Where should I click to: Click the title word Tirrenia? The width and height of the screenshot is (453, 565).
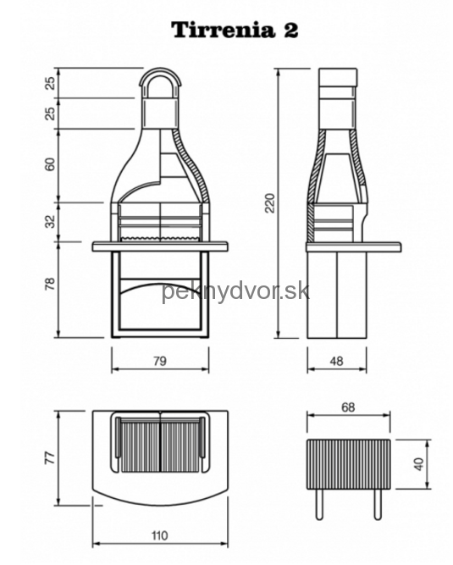coord(222,30)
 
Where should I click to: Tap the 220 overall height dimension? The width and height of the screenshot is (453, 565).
coord(270,202)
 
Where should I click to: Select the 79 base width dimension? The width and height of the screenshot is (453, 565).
coord(160,361)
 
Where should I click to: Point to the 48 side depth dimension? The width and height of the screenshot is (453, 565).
coord(336,361)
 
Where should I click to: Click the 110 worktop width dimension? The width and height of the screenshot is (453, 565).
coord(159,535)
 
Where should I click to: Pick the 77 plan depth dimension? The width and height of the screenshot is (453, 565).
coord(50,457)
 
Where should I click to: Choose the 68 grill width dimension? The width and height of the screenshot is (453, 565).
coord(348,407)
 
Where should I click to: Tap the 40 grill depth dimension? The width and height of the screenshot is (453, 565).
coord(419,463)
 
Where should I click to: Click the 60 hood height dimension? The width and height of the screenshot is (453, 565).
coord(51,164)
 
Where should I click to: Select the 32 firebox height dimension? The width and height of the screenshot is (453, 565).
coord(51,221)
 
